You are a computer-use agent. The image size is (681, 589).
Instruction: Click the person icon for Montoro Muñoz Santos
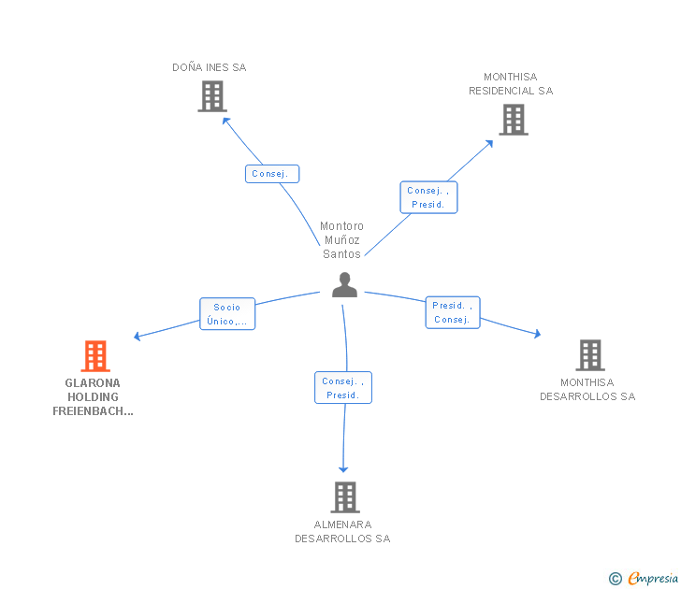tap(344, 285)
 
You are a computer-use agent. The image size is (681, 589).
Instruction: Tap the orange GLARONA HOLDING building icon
tap(95, 356)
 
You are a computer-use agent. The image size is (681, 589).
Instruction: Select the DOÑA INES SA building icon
tap(212, 96)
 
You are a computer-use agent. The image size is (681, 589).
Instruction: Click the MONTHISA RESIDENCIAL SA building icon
tap(514, 120)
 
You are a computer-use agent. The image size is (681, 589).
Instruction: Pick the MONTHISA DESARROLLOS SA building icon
tap(590, 355)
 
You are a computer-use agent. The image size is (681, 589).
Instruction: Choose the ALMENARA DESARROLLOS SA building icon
tap(345, 497)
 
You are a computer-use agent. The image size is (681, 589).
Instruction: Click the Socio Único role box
tap(227, 314)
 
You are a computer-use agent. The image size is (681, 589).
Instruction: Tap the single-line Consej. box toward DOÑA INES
tap(272, 174)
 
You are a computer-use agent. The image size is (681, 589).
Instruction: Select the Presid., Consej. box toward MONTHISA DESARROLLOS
tap(453, 312)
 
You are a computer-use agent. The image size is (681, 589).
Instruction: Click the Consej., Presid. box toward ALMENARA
tap(343, 388)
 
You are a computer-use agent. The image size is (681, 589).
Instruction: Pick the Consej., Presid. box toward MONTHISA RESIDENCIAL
tap(428, 197)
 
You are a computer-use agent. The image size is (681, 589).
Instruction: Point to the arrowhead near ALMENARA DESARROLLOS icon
tap(343, 469)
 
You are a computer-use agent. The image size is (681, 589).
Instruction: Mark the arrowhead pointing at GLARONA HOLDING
tap(137, 336)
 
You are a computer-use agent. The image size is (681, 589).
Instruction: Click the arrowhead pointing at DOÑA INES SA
tap(225, 121)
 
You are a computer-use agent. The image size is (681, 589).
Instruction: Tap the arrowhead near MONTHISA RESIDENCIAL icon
tap(489, 143)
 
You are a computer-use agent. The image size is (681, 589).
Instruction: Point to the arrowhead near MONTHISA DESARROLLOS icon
tap(538, 334)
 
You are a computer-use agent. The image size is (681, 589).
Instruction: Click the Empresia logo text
tap(653, 578)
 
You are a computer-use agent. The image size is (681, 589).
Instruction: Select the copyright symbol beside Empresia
tap(615, 579)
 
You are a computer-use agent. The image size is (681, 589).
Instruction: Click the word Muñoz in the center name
tap(341, 239)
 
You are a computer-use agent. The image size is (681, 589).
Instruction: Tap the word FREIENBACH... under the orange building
tap(93, 411)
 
